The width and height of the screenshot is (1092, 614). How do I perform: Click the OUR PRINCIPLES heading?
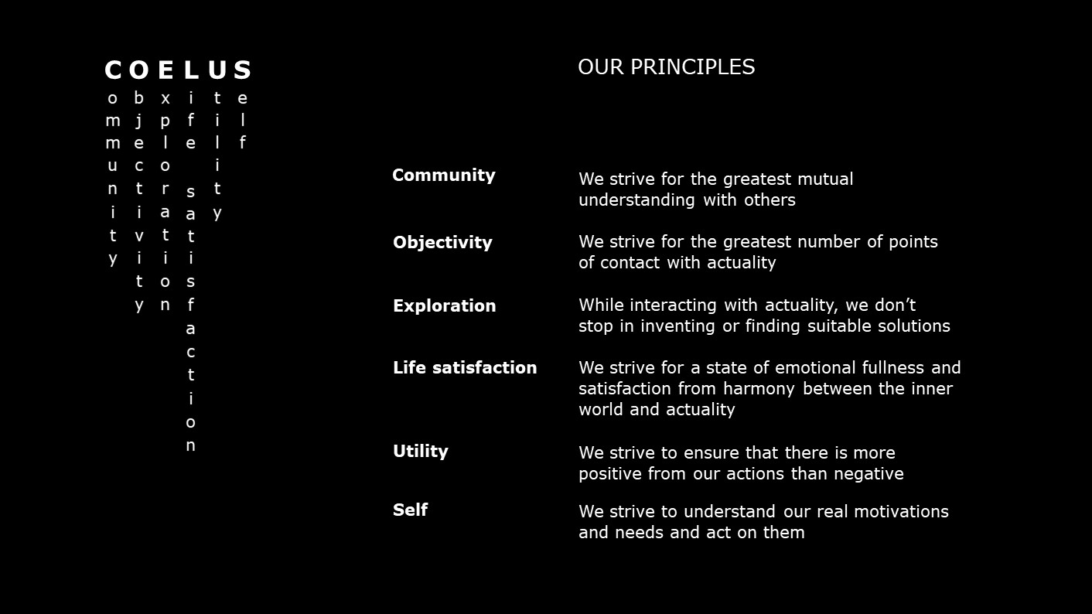[x=666, y=67]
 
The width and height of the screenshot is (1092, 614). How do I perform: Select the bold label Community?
[x=444, y=176]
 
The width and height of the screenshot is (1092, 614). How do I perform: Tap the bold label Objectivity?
[x=442, y=242]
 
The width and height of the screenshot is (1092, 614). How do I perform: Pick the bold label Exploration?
[x=444, y=306]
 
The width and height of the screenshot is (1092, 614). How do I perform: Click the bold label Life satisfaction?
[x=465, y=367]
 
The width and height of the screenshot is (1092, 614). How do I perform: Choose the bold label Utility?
[x=420, y=452]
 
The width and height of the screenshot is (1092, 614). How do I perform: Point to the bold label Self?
[x=410, y=510]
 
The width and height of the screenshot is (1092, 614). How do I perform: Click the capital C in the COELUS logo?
[x=113, y=70]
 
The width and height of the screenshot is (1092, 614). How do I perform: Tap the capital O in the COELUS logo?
[x=139, y=70]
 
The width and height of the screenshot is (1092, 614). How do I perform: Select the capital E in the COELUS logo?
[x=166, y=70]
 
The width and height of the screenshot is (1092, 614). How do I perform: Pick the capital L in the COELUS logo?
[x=192, y=70]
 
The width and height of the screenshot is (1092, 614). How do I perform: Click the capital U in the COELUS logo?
[x=217, y=70]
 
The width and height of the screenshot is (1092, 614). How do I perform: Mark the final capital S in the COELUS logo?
[x=242, y=70]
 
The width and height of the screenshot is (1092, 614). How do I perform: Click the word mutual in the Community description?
[x=825, y=179]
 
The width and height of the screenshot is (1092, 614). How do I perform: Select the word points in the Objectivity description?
[x=913, y=242]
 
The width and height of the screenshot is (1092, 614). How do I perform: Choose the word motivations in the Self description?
[x=902, y=512]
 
